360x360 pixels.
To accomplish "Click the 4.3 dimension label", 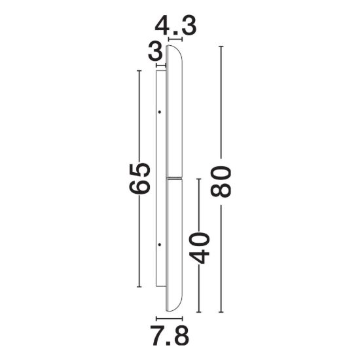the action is [x=175, y=26].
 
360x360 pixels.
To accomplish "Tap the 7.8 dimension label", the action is [x=170, y=336].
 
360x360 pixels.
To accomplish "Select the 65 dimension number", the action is [x=139, y=179].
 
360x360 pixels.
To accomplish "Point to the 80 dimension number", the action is [x=221, y=182].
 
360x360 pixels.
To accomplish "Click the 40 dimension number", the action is [x=199, y=247].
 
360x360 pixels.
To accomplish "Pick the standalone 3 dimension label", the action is [x=155, y=52].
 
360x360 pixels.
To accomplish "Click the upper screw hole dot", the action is [x=160, y=112].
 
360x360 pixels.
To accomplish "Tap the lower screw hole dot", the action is [x=160, y=245].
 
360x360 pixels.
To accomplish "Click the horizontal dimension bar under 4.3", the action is [x=175, y=39].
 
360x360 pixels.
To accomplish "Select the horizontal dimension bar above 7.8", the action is [x=170, y=319].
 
